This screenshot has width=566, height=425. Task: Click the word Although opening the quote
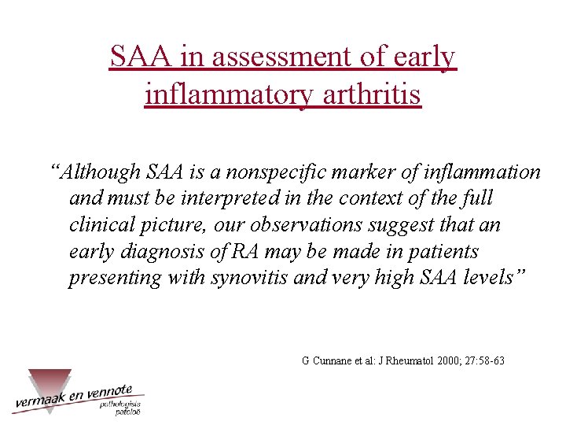(x=101, y=172)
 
